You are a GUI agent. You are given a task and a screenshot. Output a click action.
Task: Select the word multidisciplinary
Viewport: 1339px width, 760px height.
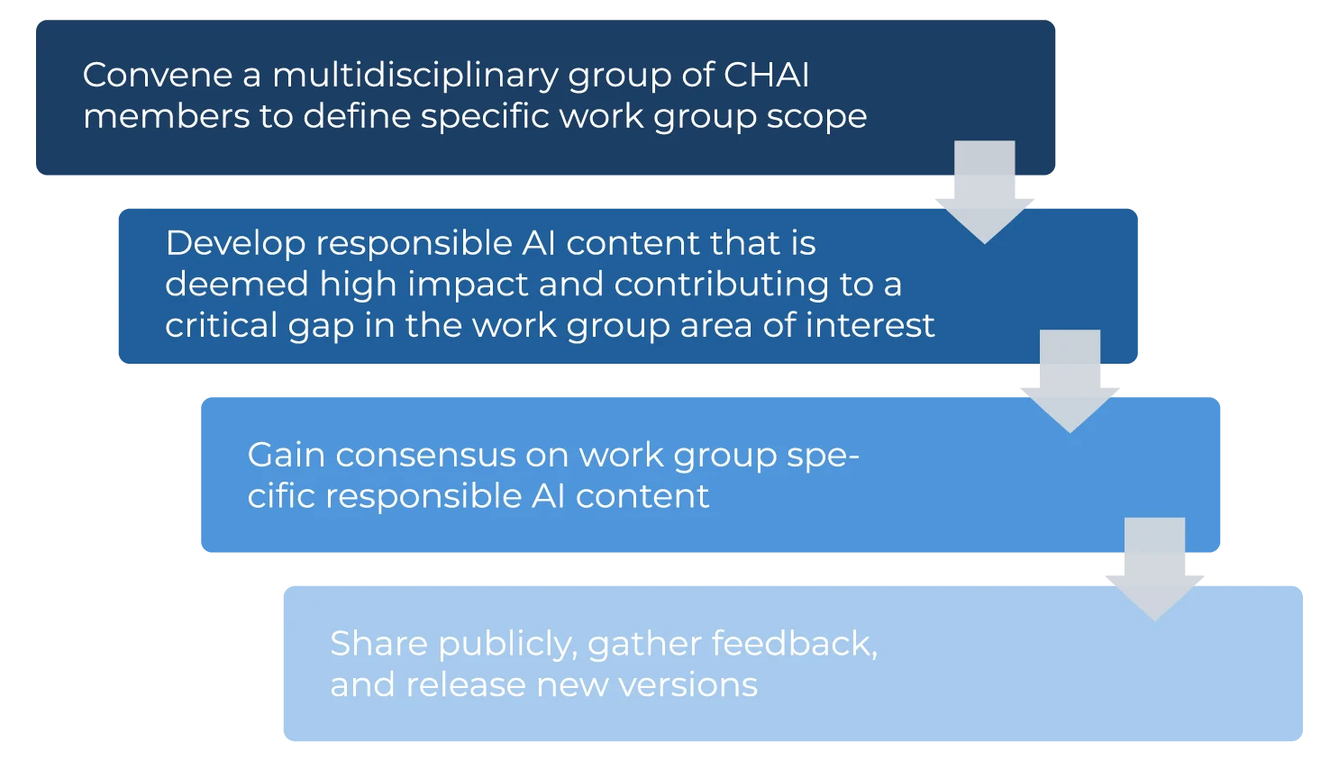(415, 75)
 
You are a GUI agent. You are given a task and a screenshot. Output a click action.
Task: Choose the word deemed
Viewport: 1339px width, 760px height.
(237, 285)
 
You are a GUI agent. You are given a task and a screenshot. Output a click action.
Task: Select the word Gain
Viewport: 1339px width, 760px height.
(286, 455)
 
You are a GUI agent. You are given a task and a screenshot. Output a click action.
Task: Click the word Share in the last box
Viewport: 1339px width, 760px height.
(378, 644)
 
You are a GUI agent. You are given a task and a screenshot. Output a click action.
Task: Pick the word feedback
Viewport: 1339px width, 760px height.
(794, 644)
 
